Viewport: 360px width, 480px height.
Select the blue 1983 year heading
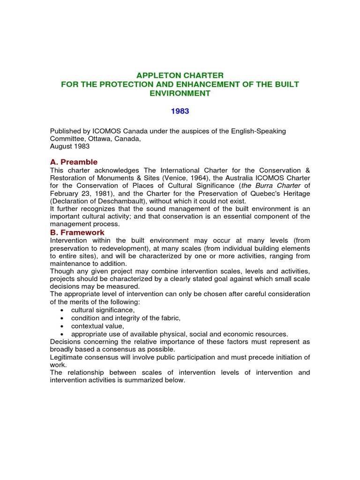point(180,112)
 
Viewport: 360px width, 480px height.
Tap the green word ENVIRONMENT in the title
point(180,93)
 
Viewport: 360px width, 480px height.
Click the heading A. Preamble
point(74,162)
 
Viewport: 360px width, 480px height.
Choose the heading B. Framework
point(77,232)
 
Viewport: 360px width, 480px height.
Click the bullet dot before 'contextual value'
point(62,326)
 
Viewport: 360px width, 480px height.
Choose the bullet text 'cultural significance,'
point(103,310)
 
